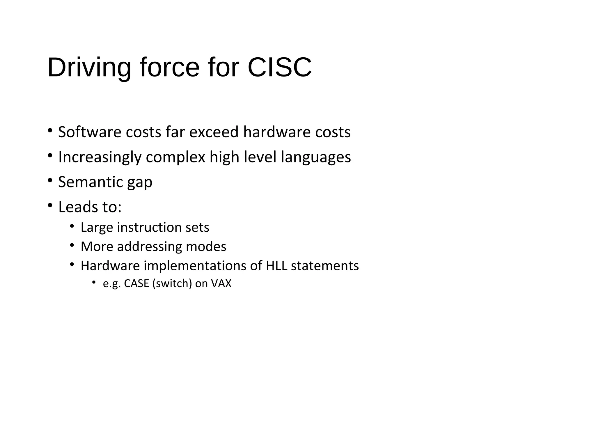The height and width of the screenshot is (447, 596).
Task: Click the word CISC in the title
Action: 279,68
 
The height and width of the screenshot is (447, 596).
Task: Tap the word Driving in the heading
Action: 89,68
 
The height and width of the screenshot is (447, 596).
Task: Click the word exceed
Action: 214,132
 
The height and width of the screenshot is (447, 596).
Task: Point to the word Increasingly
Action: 100,157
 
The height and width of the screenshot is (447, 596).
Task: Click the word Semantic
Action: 90,182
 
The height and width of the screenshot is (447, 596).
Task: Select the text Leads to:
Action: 90,207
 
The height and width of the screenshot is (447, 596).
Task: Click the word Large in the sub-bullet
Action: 97,228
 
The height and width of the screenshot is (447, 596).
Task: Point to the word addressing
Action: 149,247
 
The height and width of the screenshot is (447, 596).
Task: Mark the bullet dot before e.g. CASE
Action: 93,282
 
